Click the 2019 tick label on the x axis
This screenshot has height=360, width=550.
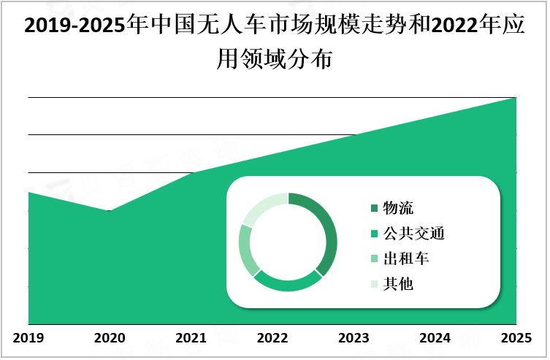click(x=28, y=338)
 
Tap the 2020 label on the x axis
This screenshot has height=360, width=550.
click(x=110, y=338)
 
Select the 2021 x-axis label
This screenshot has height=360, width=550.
click(x=191, y=338)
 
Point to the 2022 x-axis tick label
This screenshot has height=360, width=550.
click(x=272, y=338)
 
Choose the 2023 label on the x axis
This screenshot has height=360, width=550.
click(x=354, y=338)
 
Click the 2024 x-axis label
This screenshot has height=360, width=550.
click(x=435, y=338)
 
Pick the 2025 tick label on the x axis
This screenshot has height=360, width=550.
click(x=516, y=338)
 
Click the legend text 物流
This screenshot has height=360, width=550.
click(x=398, y=209)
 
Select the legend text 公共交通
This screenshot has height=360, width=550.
click(x=414, y=234)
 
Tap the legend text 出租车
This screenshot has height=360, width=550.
click(x=406, y=258)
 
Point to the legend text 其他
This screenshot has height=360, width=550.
click(x=398, y=283)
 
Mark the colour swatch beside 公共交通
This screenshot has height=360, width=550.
click(x=375, y=234)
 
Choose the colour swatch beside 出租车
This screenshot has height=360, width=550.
click(x=375, y=259)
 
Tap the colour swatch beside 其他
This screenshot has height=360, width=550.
click(x=375, y=284)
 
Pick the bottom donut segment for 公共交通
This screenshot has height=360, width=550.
click(x=286, y=284)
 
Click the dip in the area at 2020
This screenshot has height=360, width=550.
click(x=110, y=212)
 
